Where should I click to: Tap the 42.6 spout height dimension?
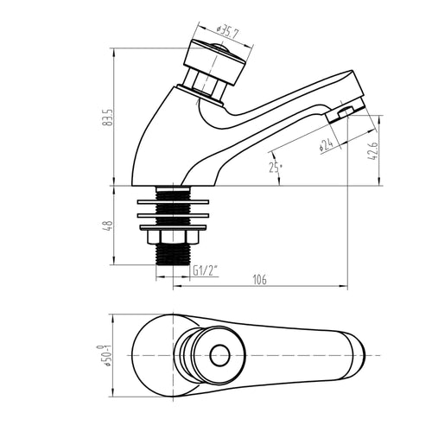[373, 150]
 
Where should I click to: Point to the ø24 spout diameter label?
[326, 145]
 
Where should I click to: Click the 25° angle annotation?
[274, 167]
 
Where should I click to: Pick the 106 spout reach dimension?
[259, 279]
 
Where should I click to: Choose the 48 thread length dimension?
[108, 226]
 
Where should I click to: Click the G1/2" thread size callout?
[205, 270]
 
